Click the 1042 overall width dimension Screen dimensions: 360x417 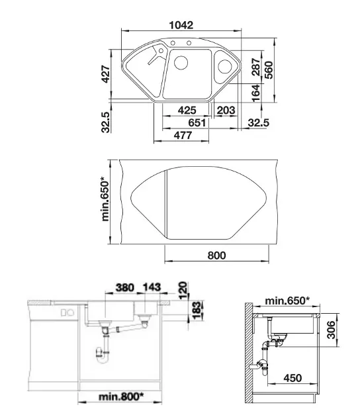(181, 25)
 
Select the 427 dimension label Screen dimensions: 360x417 (106, 74)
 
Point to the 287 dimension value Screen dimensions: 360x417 (255, 67)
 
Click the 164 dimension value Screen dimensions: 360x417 (255, 93)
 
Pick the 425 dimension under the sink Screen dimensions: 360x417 (187, 110)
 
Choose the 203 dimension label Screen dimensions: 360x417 (226, 110)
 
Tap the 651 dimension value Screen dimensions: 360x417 (197, 122)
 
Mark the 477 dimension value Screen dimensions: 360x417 (183, 135)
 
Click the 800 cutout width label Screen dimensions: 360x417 (216, 255)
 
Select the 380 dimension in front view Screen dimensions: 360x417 (125, 287)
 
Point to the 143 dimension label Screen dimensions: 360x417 (152, 287)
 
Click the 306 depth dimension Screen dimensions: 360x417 (331, 330)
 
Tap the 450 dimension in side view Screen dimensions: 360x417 (292, 378)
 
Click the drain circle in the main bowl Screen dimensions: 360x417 (181, 63)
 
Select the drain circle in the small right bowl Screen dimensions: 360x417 (224, 66)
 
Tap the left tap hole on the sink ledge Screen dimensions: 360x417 (173, 43)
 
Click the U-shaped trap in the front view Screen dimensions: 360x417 (102, 357)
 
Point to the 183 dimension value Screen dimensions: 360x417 (197, 310)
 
